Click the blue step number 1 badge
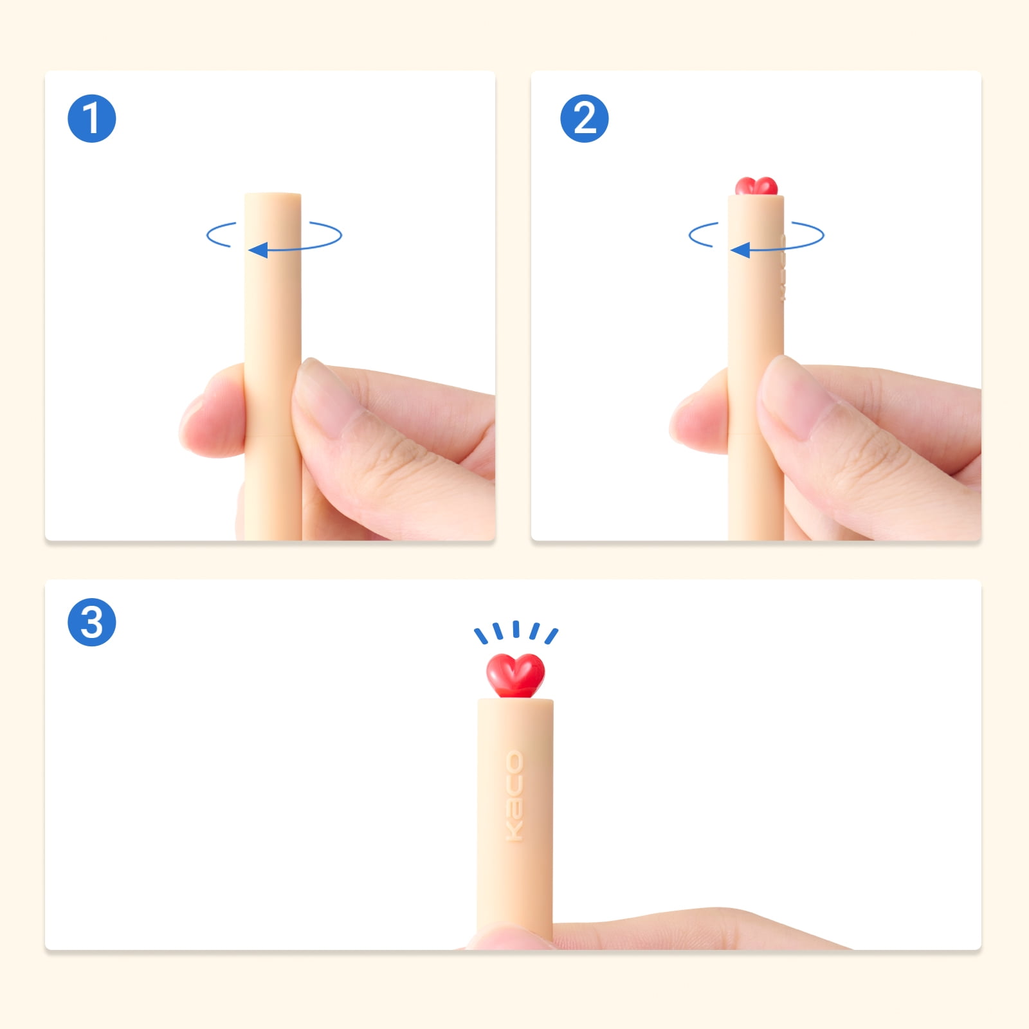pos(92,118)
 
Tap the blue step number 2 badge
pos(585,118)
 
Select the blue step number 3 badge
pos(92,623)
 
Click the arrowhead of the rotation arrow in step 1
pos(258,250)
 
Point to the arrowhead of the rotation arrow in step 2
pos(740,250)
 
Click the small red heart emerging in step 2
pos(756,186)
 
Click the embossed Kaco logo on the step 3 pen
pos(514,796)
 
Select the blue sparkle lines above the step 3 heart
pos(516,632)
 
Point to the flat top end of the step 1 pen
pos(273,195)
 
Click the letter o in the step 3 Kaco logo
pos(514,762)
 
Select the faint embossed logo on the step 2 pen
pos(783,267)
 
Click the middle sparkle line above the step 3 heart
pos(516,629)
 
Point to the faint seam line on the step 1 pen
pos(273,435)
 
